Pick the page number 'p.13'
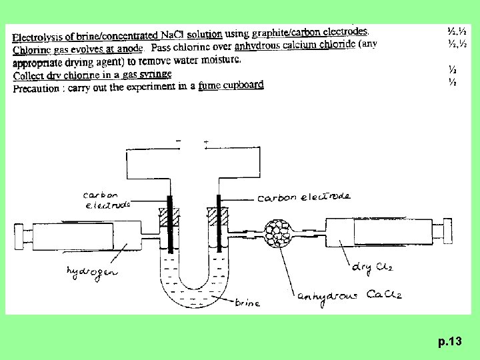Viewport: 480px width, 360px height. [450, 342]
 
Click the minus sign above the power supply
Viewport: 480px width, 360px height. [177, 141]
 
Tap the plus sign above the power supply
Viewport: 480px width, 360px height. [205, 142]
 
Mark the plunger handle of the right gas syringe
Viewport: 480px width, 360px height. [439, 235]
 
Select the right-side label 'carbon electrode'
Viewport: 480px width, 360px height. [303, 197]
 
